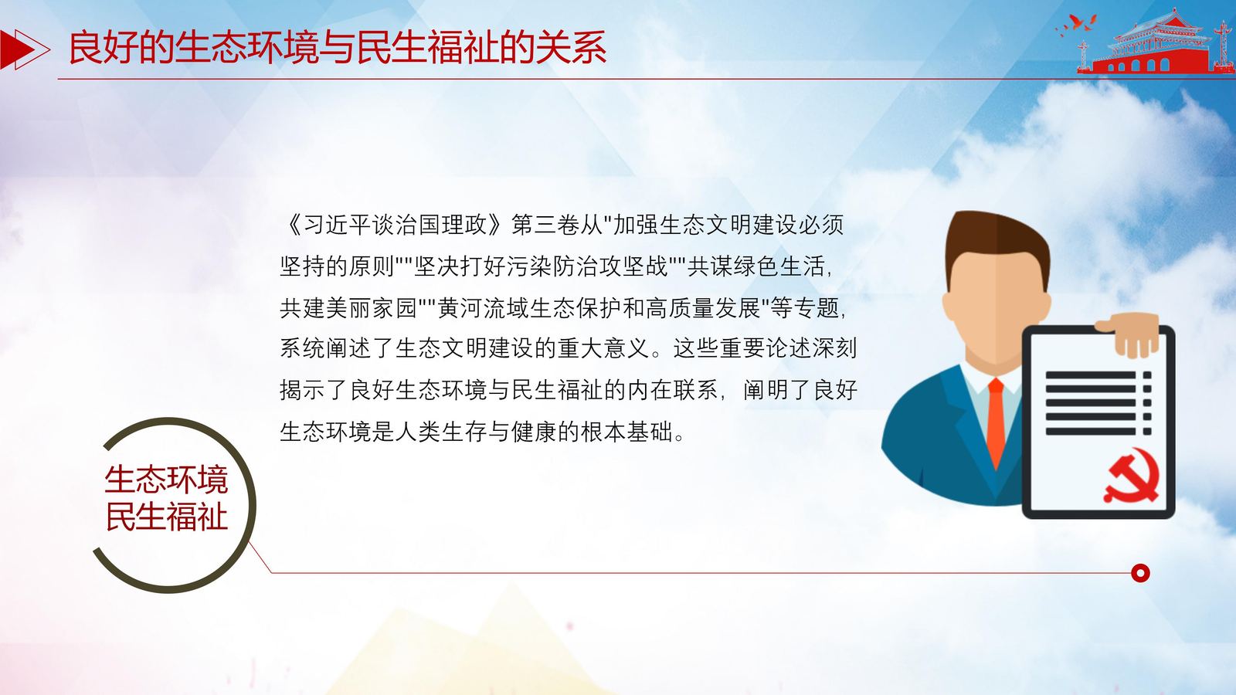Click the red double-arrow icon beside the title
click(x=24, y=49)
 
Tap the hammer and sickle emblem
click(x=1131, y=476)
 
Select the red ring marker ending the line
click(x=1140, y=573)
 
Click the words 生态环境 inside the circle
click(x=166, y=480)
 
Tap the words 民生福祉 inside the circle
click(x=166, y=517)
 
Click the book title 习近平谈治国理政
click(x=395, y=225)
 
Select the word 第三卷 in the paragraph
click(x=545, y=225)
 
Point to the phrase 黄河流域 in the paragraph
click(x=484, y=308)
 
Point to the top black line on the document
click(x=1090, y=375)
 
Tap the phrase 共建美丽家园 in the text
click(x=348, y=308)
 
